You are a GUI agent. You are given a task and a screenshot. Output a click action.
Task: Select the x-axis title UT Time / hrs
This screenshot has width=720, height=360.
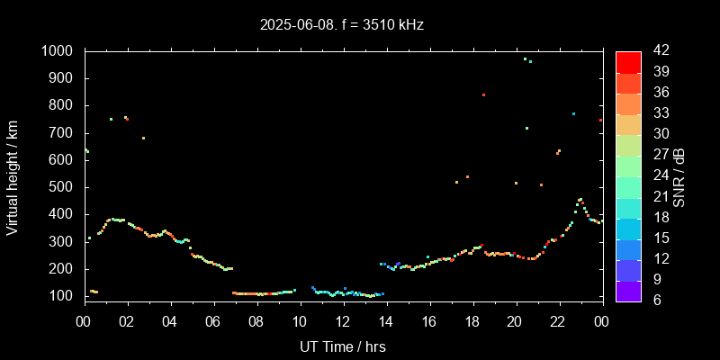coord(342,346)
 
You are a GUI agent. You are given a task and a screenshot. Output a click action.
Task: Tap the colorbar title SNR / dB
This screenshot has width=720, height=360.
coord(679,176)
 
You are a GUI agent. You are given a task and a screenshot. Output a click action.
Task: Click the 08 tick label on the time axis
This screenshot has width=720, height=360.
coord(256,321)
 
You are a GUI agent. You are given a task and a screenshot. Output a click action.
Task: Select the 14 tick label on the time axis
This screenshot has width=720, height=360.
coord(385,321)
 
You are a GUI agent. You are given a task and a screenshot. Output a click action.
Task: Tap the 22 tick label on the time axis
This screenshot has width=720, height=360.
coord(558,321)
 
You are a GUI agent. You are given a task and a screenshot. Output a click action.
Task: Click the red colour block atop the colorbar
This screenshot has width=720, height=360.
coord(628,61)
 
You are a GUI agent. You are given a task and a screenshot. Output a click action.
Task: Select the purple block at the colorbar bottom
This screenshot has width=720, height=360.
coord(628,291)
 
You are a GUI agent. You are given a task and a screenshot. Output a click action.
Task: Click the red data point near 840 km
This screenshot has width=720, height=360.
coord(483,94)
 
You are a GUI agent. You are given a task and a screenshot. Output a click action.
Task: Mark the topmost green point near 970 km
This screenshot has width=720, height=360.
coord(525,59)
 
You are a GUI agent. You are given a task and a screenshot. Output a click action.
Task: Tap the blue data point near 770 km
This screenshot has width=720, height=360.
coord(573,113)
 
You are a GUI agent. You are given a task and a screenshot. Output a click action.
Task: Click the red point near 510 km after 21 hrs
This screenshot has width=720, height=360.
coord(541,184)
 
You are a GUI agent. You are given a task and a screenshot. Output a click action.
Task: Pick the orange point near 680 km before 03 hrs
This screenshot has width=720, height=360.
coord(143,138)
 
